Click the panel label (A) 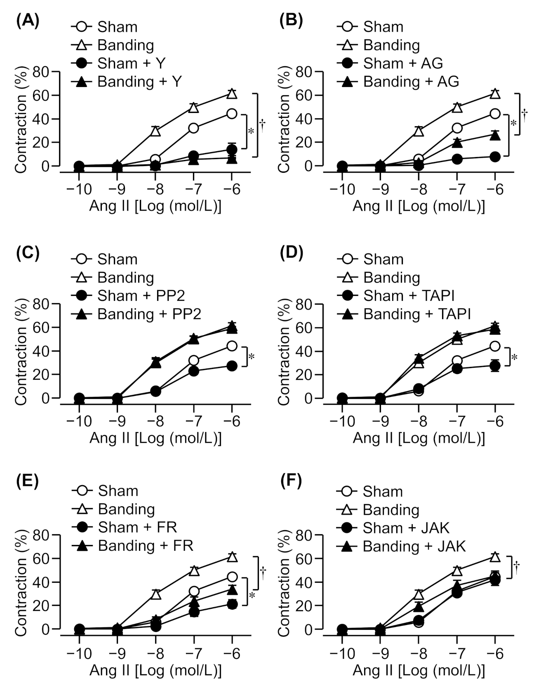(28, 21)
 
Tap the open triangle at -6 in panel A (232, 94)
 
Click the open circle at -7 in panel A (193, 128)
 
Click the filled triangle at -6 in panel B (495, 135)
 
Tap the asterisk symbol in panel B (513, 123)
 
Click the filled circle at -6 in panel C (232, 366)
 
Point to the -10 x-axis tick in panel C (79, 421)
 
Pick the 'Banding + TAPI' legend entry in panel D (416, 314)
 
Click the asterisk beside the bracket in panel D (514, 357)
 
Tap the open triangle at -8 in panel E (155, 594)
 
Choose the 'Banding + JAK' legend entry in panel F (414, 546)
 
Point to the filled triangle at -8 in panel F (419, 606)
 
